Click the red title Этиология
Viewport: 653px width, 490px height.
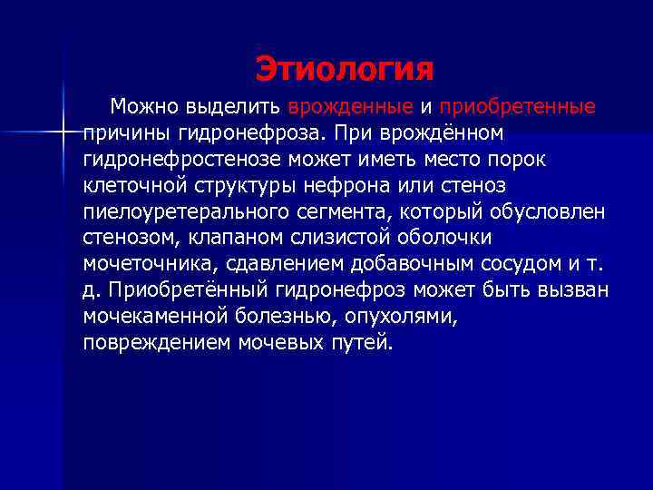[344, 68]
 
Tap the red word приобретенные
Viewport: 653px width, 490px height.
[517, 107]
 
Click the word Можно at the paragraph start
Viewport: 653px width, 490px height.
[142, 107]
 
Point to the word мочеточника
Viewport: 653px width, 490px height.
[145, 264]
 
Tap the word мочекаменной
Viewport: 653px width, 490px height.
[151, 317]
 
